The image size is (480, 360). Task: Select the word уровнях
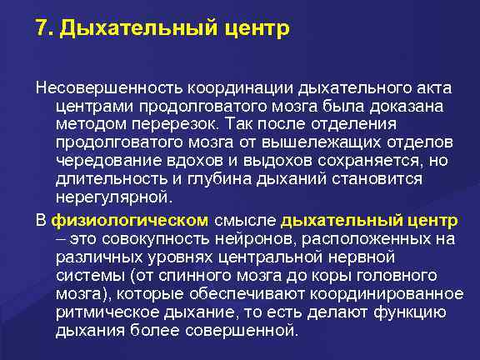(180, 258)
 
